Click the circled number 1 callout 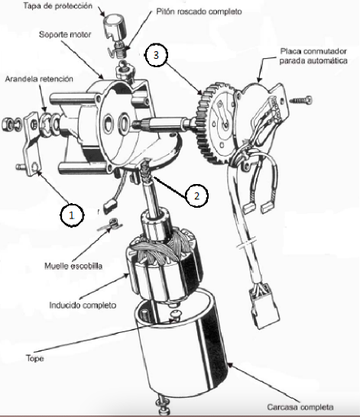[72, 215]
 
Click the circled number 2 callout [196, 196]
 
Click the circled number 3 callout [156, 55]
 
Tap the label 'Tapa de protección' [58, 6]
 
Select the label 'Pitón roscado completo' [199, 11]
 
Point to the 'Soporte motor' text [65, 34]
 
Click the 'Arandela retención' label [39, 79]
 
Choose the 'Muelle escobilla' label [73, 266]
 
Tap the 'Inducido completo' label [83, 305]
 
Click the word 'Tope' [35, 358]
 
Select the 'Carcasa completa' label [300, 407]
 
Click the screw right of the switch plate [301, 100]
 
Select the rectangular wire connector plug [264, 306]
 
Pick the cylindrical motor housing [181, 346]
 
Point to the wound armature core [164, 269]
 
